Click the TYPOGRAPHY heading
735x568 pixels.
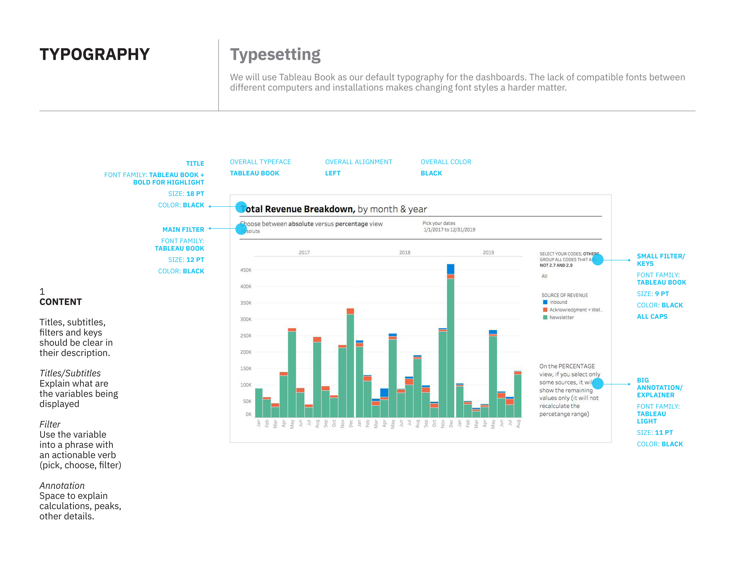(94, 54)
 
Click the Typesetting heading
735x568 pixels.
(275, 54)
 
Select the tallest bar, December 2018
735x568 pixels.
(450, 346)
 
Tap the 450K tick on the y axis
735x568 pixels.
(246, 270)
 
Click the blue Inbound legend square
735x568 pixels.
(545, 302)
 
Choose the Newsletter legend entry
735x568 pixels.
(561, 317)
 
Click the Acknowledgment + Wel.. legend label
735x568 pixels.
(576, 309)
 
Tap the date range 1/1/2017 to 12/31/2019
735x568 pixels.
(449, 230)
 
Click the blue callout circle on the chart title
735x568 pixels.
(241, 207)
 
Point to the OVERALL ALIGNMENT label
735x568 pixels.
(358, 162)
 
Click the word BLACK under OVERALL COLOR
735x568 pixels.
(431, 173)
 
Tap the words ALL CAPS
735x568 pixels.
(652, 317)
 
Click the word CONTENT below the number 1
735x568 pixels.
(61, 302)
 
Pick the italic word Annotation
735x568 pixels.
(62, 486)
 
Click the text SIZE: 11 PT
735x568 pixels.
(655, 433)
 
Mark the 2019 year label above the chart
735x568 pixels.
(488, 252)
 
